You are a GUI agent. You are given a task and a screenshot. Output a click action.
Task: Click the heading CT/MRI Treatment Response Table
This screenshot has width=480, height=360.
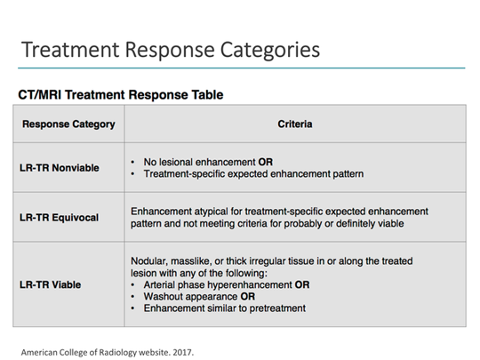coord(120,94)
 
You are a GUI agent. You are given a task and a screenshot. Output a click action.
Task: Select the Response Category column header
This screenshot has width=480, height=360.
coord(68,124)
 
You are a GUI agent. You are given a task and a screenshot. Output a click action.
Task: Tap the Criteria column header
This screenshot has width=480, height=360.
coord(294,124)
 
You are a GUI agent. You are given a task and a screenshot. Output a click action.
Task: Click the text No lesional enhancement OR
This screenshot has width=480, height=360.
coord(208,162)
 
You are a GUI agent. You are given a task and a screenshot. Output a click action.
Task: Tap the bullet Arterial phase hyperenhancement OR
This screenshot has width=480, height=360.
coord(227,284)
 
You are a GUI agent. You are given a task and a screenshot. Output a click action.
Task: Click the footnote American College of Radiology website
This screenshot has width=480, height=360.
coord(92,350)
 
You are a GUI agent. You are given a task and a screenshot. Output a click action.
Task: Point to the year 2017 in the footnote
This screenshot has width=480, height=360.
coord(181,350)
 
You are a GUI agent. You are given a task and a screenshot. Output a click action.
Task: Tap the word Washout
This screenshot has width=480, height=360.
coord(164,296)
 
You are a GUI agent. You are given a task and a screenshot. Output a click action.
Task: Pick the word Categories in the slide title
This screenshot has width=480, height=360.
coord(269,49)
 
